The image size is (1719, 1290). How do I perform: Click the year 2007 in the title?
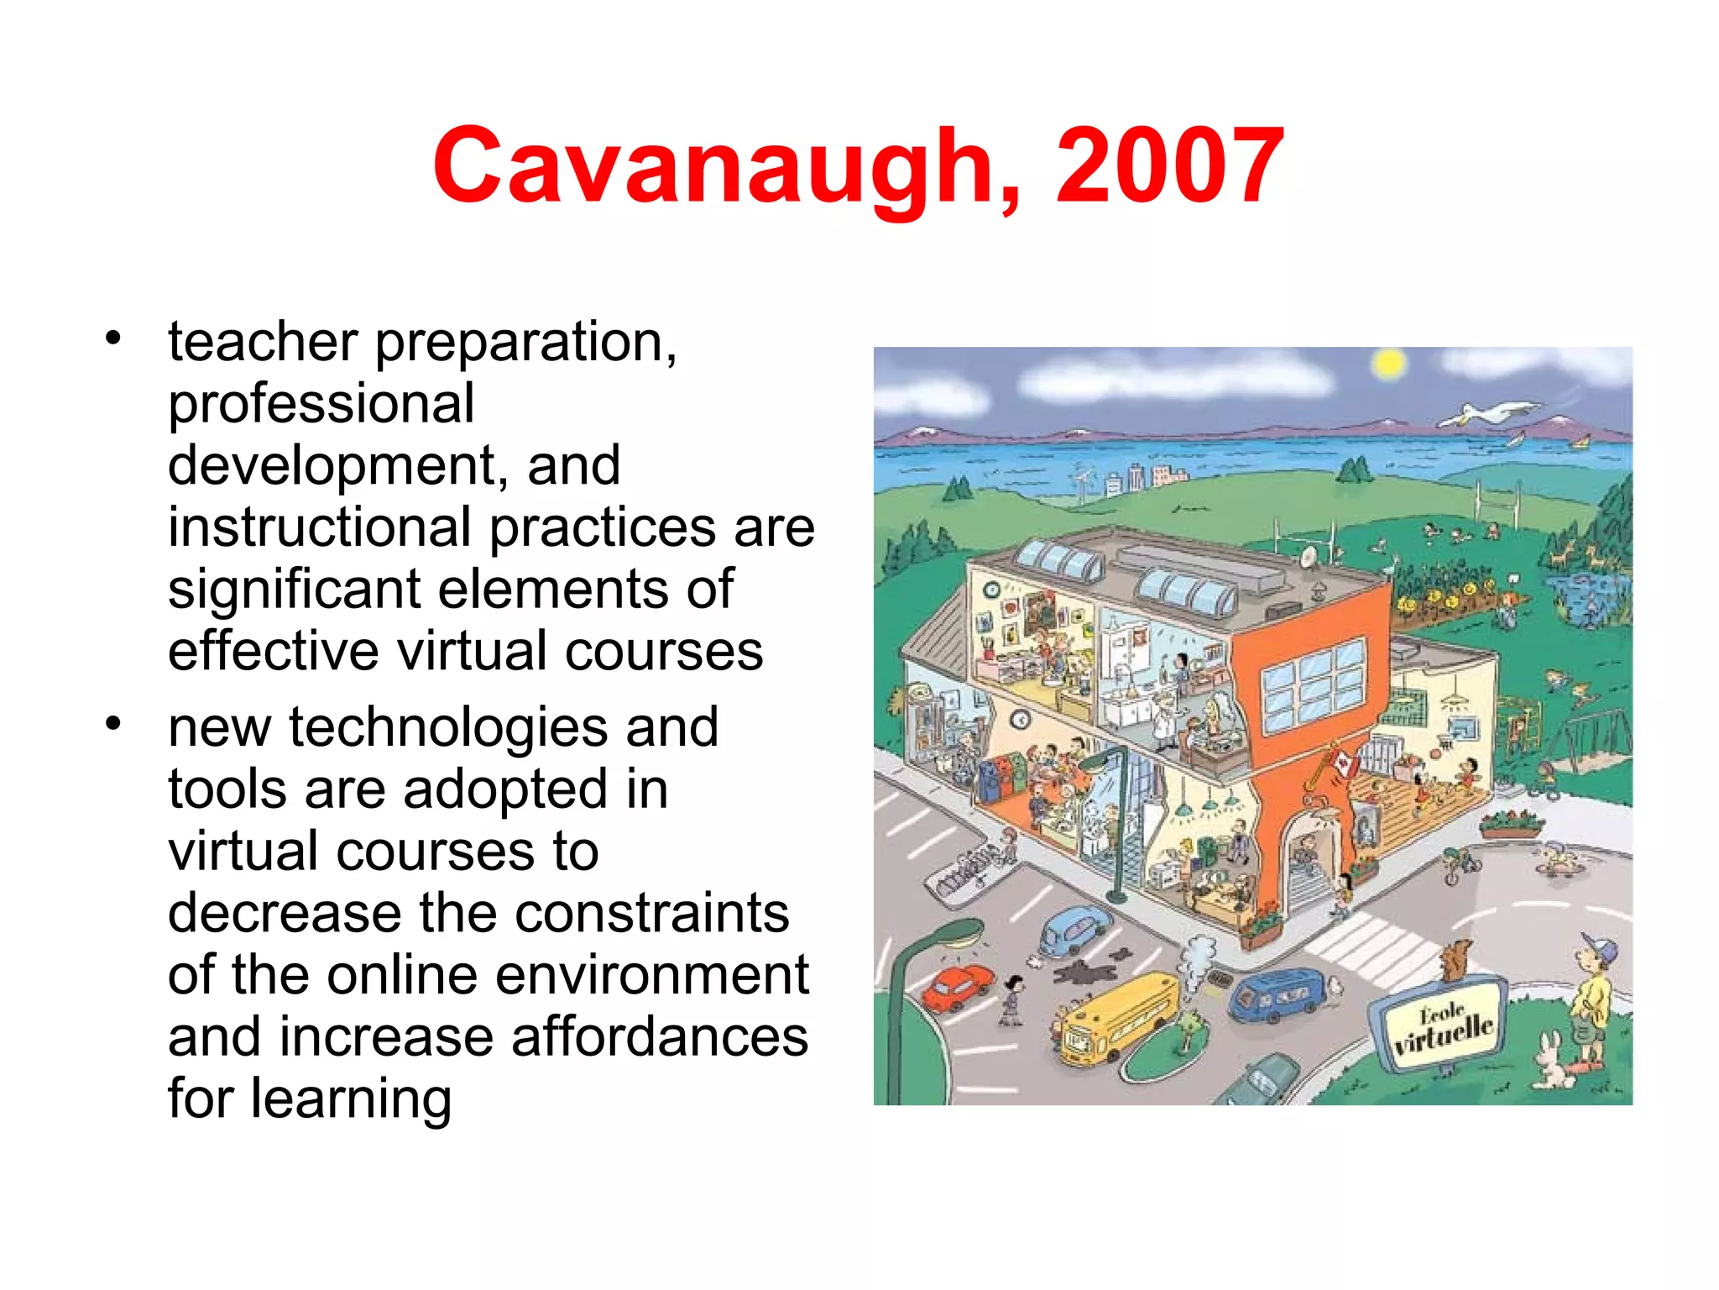tap(1169, 165)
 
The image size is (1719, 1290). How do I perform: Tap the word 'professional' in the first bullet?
tap(321, 403)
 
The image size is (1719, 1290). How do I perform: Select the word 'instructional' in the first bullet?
tap(319, 527)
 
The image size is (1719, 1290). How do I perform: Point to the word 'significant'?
tap(294, 590)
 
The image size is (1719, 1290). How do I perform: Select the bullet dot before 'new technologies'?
tap(113, 722)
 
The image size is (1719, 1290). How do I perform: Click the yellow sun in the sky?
tap(1388, 364)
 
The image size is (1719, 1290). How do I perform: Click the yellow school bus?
tap(1117, 1018)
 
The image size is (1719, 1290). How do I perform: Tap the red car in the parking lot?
tap(958, 987)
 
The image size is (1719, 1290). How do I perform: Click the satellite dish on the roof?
tap(1309, 557)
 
